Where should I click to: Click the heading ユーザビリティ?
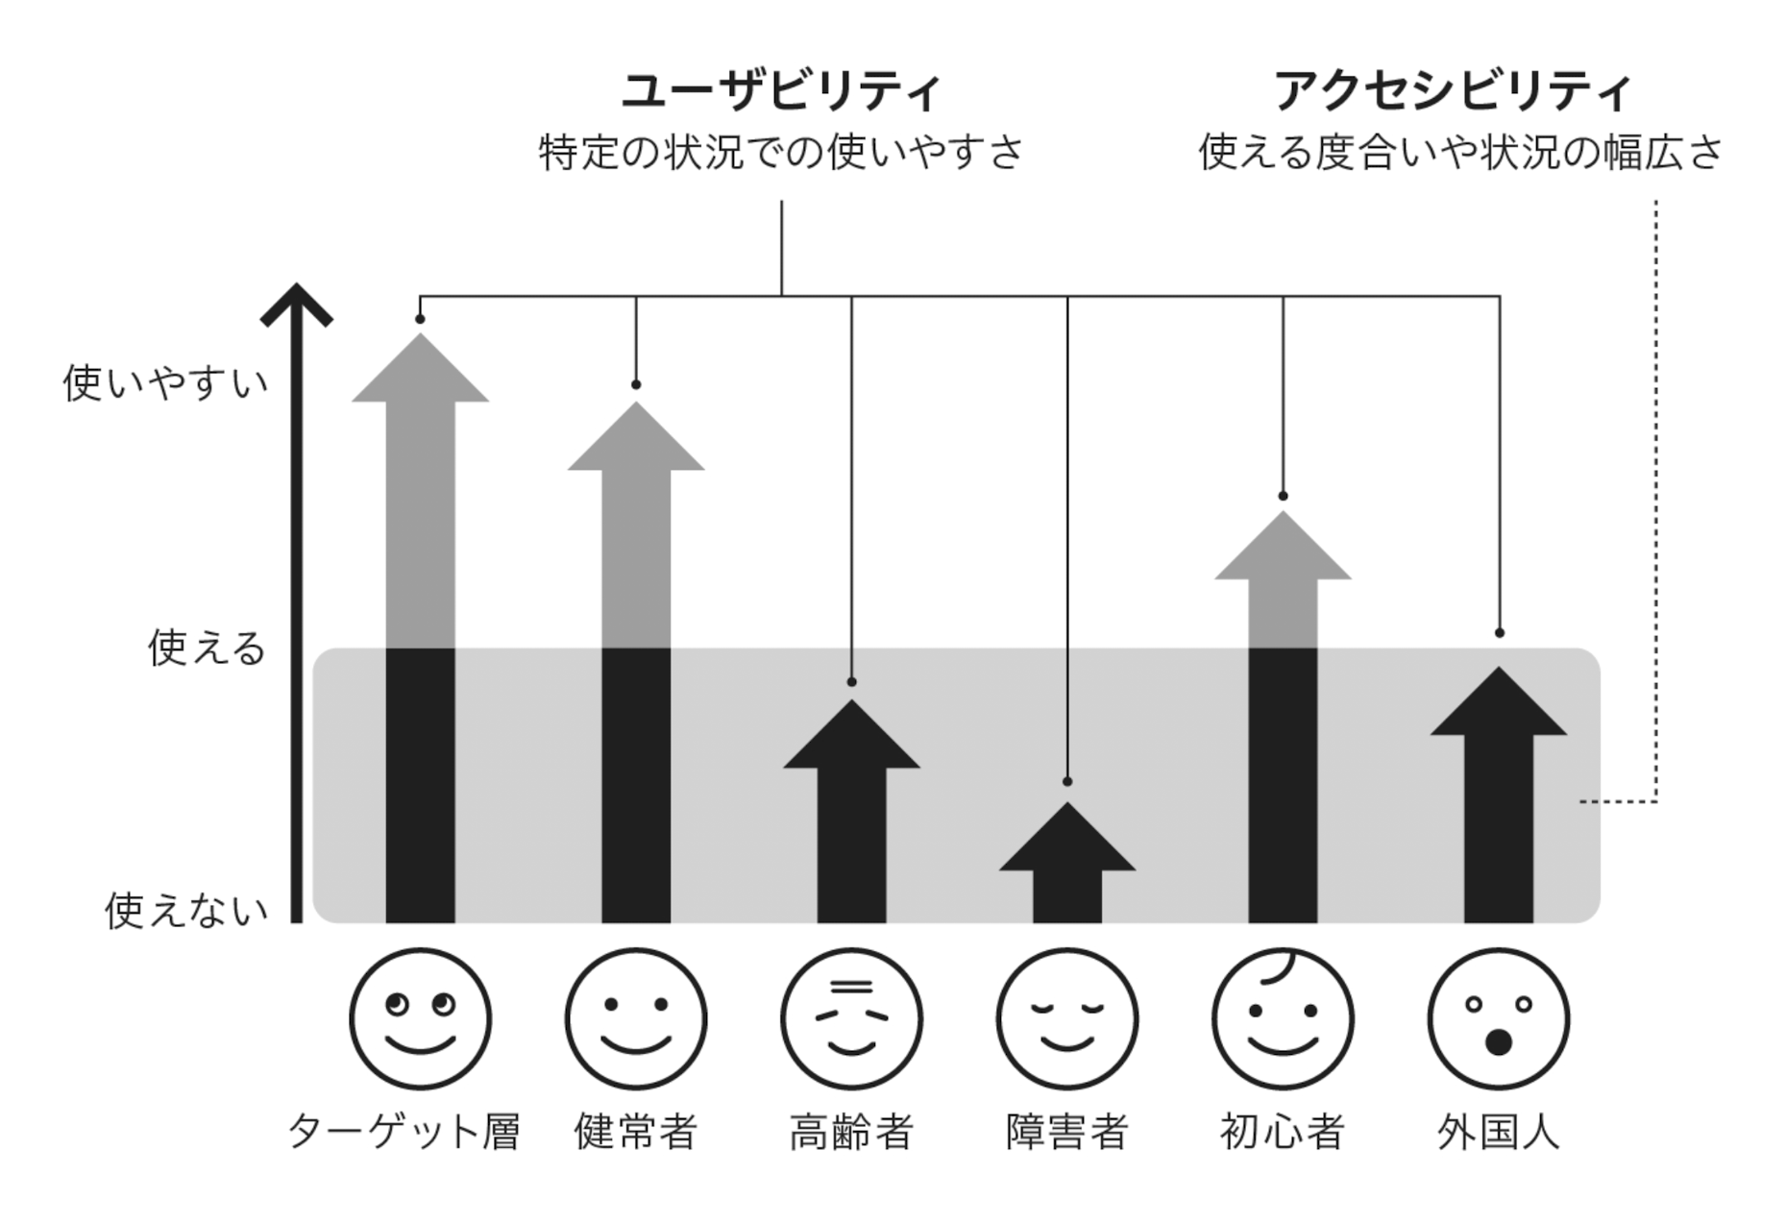point(780,91)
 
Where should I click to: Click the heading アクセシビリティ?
point(1452,91)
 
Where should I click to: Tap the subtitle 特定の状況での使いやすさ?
point(780,153)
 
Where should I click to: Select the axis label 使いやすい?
point(165,383)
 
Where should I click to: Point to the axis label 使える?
point(206,648)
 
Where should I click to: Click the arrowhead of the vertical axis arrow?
point(297,304)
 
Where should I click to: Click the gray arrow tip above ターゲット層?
point(420,371)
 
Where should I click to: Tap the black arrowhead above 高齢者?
point(851,738)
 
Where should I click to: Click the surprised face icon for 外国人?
point(1499,1019)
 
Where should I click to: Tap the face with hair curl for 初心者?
point(1283,1019)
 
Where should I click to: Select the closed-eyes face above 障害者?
point(1067,1019)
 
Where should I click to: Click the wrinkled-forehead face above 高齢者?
point(851,1019)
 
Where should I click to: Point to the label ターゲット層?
point(404,1131)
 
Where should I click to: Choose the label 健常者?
point(635,1131)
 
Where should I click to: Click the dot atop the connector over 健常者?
point(636,384)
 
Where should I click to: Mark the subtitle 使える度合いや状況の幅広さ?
point(1460,153)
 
